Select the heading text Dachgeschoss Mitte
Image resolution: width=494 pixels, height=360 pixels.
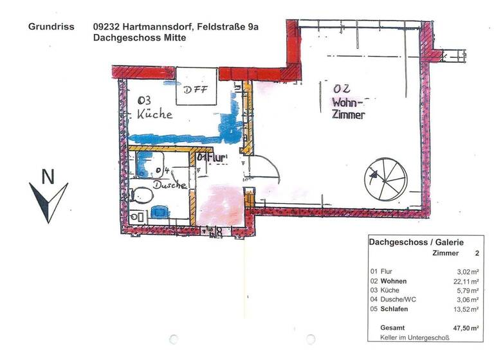[x=140, y=38]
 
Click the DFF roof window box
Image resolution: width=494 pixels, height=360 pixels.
[x=196, y=89]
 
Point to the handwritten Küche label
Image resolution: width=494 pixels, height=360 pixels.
[x=154, y=114]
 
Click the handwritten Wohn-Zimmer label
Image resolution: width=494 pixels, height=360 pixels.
[x=349, y=109]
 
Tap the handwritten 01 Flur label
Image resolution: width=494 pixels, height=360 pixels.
[x=212, y=157]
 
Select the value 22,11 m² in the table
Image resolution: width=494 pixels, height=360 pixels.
[x=465, y=281]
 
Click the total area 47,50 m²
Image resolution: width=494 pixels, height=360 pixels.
[x=464, y=328]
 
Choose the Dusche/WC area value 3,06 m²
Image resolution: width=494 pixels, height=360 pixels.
[x=466, y=300]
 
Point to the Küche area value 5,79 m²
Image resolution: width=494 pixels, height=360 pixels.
[x=466, y=291]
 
